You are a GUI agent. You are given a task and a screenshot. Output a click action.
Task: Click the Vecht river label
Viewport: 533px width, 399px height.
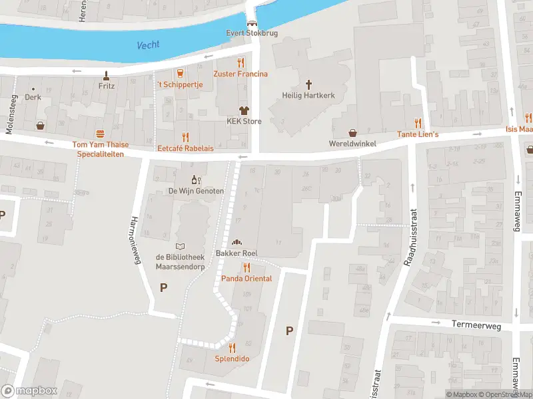tap(148, 45)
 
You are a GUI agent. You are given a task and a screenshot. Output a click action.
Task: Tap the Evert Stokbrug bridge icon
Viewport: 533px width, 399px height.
tap(252, 23)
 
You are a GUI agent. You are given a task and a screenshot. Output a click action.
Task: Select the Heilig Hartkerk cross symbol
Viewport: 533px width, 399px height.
tap(308, 84)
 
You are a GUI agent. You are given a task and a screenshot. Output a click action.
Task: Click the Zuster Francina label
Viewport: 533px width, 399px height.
tap(241, 74)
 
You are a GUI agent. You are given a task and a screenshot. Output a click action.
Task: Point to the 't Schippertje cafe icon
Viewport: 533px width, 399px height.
tap(179, 72)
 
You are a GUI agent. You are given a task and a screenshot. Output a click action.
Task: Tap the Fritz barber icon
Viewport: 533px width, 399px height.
tap(106, 75)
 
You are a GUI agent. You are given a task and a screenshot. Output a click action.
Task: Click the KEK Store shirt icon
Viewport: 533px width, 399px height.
tap(244, 110)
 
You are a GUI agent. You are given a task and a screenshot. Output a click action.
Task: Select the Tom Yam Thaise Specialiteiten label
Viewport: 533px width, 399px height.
tap(101, 149)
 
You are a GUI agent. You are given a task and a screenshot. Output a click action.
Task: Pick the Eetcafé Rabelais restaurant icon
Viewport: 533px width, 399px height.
tap(185, 137)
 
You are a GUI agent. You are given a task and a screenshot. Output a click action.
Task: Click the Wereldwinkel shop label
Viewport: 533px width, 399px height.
tap(352, 144)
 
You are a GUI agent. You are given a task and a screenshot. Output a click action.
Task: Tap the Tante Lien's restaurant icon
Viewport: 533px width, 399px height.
tap(418, 123)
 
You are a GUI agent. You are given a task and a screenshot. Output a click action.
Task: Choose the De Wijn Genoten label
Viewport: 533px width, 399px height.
tap(196, 191)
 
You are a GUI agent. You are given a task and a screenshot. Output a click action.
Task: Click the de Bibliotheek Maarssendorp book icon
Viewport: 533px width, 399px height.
tap(179, 246)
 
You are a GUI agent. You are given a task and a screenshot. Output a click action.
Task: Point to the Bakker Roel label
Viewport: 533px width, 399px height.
tap(236, 254)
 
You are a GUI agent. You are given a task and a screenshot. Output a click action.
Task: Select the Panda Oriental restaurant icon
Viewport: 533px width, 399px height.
tap(247, 267)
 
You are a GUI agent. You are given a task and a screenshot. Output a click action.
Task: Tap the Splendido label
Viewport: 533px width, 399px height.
tap(232, 358)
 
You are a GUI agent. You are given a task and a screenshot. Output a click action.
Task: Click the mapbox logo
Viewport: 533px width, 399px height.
tap(29, 390)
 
